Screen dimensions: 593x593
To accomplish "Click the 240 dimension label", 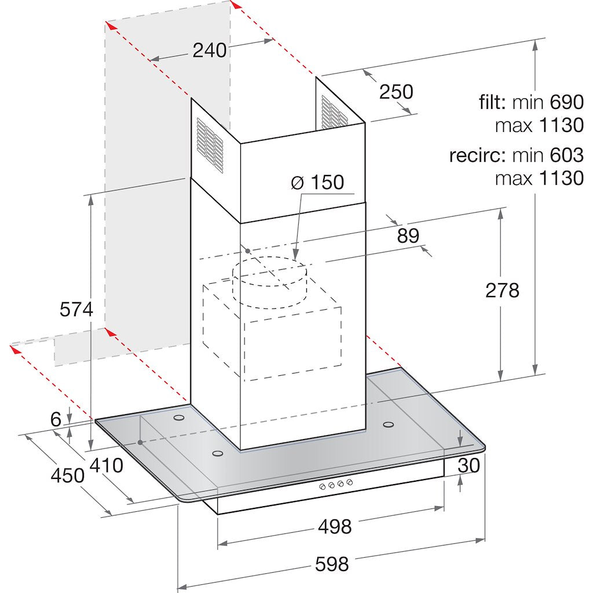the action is point(210,50).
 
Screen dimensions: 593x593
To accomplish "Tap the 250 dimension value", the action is point(396,92).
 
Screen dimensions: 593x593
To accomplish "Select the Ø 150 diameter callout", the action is point(318,182).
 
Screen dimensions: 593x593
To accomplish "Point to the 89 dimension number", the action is point(408,236).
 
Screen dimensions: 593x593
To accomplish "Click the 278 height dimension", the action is point(502,291).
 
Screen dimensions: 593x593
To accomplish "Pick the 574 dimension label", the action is point(76,310).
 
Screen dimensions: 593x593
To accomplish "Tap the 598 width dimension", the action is point(332,565).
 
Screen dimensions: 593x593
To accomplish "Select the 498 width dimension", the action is point(335,526).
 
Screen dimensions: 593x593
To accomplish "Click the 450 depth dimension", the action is point(68,475).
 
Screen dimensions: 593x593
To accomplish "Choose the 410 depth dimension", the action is point(107,466).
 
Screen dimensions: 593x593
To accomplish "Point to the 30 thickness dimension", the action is point(469,466).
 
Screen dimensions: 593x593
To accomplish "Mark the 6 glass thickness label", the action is point(56,419).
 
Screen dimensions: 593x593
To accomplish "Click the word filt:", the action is point(493,102).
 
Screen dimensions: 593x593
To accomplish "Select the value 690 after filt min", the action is point(566,102).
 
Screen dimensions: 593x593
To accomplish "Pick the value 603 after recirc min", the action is point(566,155).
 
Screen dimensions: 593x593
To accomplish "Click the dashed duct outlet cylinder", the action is point(269,282).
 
